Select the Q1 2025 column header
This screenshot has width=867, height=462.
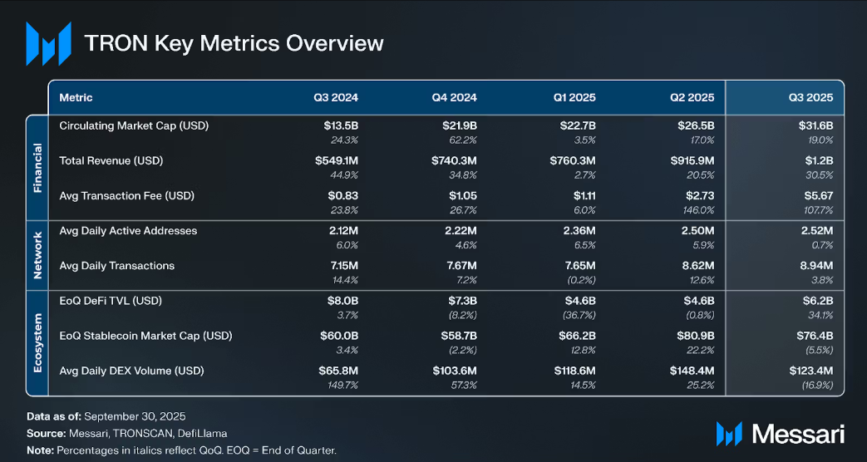click(574, 97)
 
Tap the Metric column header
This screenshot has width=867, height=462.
click(76, 97)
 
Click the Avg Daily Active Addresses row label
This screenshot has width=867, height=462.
click(128, 230)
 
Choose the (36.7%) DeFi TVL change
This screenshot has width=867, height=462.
click(579, 314)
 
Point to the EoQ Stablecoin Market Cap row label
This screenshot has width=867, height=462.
click(145, 336)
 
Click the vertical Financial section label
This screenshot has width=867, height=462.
click(37, 167)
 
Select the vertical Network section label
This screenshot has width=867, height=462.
click(37, 255)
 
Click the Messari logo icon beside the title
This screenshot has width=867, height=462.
click(47, 43)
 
